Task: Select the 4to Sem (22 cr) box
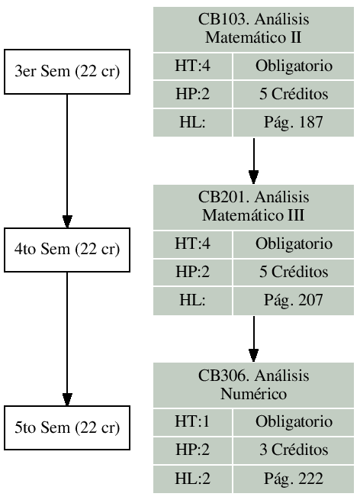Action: point(67,250)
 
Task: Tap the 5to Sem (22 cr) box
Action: point(67,427)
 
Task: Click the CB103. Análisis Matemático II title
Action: point(253,27)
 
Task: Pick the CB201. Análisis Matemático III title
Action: point(253,205)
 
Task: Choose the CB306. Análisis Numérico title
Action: point(253,384)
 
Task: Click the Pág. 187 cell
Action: point(294,122)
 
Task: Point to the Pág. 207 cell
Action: point(294,300)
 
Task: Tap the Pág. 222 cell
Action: point(294,479)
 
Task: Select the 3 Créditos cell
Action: point(294,450)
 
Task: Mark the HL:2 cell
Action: point(191,479)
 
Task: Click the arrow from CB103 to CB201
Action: point(253,160)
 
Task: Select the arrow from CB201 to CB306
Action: point(253,338)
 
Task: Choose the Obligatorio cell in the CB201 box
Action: point(294,244)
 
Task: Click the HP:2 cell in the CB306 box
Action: point(191,450)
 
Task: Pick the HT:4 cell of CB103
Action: point(191,66)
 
